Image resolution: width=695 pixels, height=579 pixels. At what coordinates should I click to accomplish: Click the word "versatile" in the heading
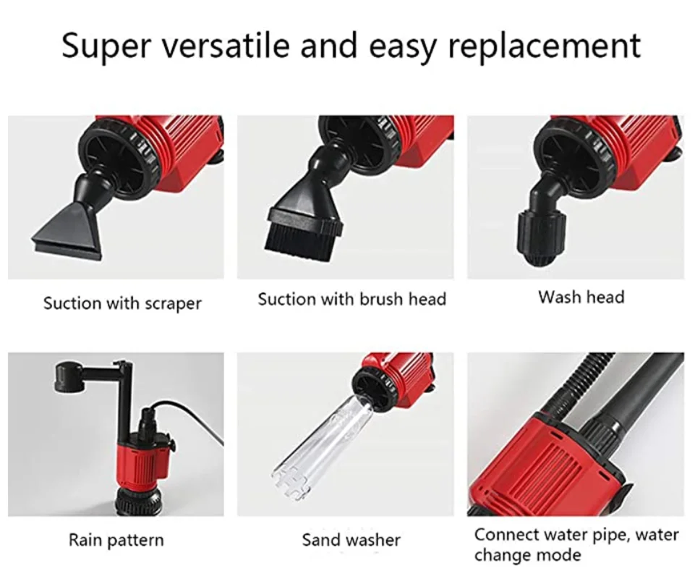tap(224, 46)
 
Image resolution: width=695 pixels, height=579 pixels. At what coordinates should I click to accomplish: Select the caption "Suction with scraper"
tap(122, 304)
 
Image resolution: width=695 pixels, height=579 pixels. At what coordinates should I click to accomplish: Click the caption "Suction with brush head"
tap(352, 300)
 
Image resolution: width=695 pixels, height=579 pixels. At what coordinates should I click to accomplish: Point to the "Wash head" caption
tap(581, 297)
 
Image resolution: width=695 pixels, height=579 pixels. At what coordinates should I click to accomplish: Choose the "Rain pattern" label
tap(116, 541)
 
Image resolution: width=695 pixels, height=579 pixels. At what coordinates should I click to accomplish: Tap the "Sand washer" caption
tap(351, 540)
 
